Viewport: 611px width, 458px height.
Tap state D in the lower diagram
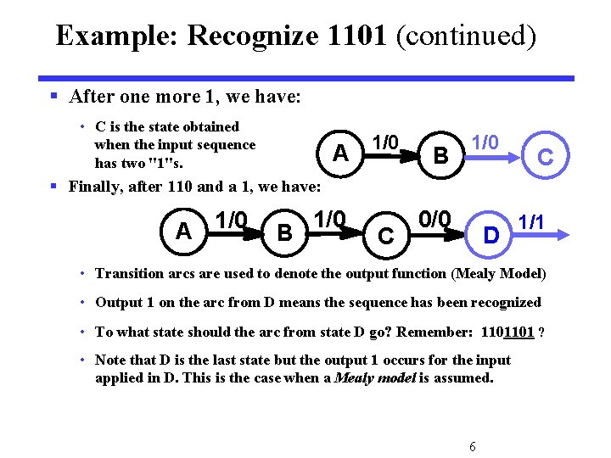(x=490, y=233)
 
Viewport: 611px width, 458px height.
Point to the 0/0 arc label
(x=434, y=219)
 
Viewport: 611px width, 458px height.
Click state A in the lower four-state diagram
(x=183, y=230)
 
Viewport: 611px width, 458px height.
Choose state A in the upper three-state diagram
(x=340, y=153)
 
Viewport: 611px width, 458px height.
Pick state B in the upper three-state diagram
(x=440, y=155)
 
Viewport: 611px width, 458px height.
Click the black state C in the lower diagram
(x=385, y=236)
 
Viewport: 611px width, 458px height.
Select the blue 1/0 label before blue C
(x=485, y=142)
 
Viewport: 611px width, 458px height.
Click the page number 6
(x=472, y=447)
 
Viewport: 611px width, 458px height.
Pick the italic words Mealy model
(x=374, y=378)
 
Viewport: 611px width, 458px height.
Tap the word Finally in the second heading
(x=97, y=186)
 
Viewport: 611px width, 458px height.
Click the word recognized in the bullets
(x=499, y=303)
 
